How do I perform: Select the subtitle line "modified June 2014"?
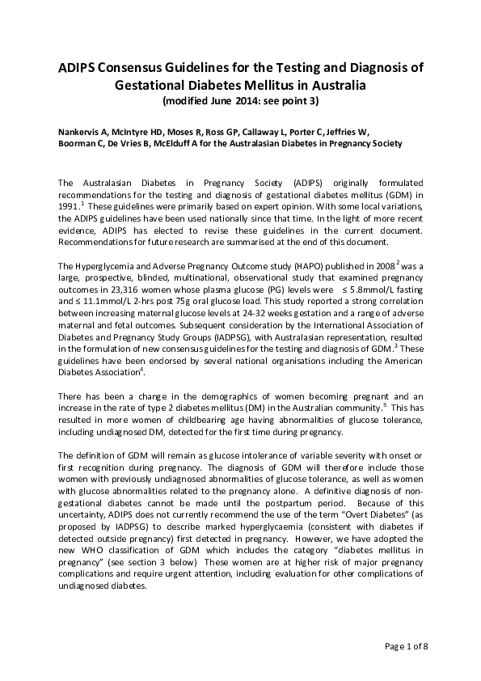[x=240, y=101]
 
